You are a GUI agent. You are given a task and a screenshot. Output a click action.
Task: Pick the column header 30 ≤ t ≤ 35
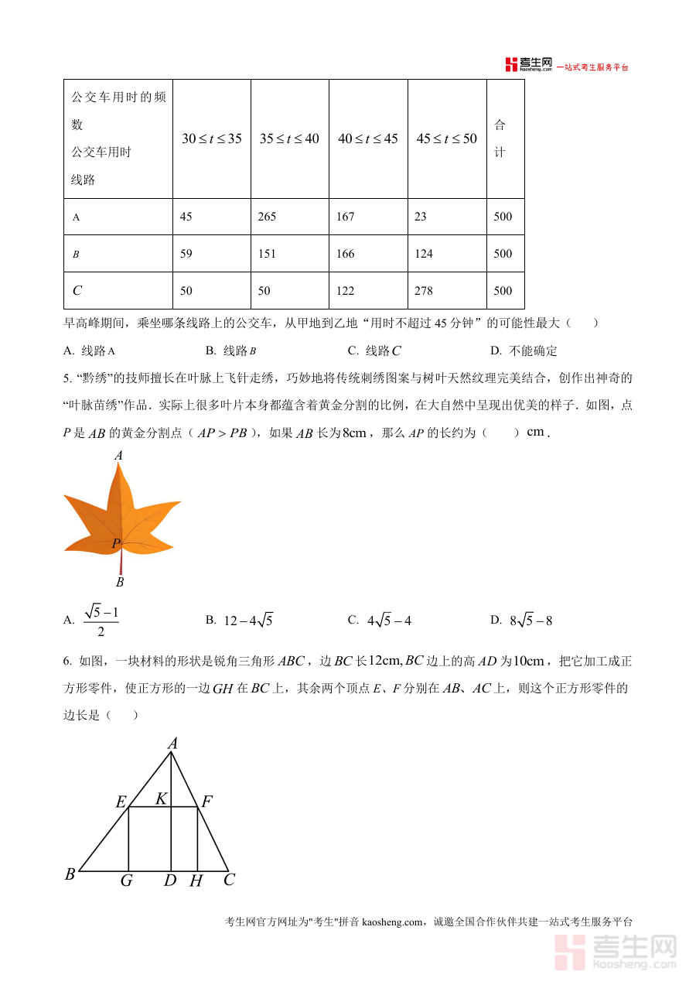(211, 139)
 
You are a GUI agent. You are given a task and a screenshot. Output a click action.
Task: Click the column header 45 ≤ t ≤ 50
(447, 139)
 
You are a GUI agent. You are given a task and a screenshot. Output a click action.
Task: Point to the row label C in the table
(77, 291)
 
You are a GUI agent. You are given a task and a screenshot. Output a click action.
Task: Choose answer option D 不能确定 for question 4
(524, 351)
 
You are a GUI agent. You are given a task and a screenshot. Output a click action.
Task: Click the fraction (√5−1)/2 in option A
(101, 621)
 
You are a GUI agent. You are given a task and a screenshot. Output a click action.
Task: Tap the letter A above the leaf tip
(118, 456)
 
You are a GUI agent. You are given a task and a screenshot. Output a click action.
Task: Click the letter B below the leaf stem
(120, 582)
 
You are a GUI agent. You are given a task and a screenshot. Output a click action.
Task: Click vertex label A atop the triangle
(172, 744)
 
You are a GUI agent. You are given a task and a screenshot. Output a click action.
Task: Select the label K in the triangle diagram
(161, 799)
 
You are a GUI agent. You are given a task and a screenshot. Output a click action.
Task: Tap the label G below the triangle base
(126, 881)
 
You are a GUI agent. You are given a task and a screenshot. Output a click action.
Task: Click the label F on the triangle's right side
(206, 802)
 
